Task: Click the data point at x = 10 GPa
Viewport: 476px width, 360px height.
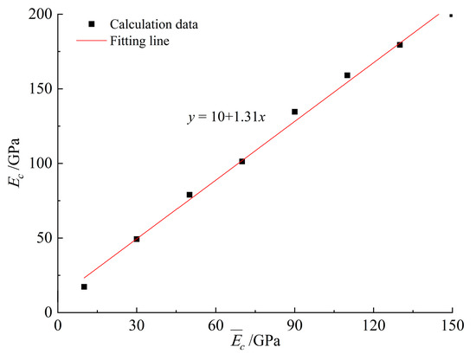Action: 84,286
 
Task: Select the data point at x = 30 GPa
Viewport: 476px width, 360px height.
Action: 137,239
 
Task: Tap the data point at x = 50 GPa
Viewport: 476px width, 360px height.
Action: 190,195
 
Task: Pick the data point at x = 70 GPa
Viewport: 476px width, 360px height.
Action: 242,161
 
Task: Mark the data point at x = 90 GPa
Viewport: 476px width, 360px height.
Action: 294,112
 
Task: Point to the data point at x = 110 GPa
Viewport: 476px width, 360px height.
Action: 347,75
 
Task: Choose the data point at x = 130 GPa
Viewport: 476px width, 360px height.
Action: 400,45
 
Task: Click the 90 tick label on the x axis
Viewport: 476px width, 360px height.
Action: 294,325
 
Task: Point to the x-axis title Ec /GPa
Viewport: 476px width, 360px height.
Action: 254,345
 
